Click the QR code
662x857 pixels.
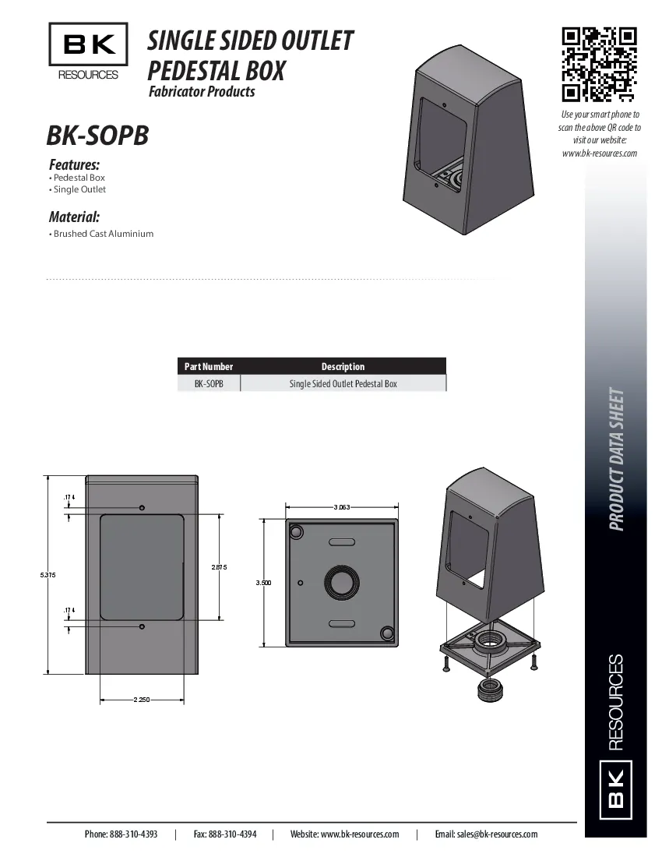[x=600, y=65]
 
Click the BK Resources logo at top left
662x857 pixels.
[x=88, y=51]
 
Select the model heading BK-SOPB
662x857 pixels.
[x=97, y=136]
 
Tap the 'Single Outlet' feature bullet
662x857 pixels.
[x=79, y=190]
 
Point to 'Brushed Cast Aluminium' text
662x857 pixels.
[x=103, y=234]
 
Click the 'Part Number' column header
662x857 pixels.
[x=209, y=366]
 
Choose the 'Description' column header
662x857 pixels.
[x=343, y=366]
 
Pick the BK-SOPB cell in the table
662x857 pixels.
[x=209, y=384]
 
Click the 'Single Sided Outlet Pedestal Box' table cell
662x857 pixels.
[x=343, y=384]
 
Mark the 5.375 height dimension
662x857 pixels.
[x=48, y=575]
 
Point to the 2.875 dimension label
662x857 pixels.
[x=219, y=567]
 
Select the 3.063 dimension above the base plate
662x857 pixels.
[x=342, y=507]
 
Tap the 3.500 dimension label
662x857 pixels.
[x=263, y=583]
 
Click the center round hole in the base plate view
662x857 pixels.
[x=342, y=582]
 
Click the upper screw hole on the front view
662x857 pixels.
[x=142, y=508]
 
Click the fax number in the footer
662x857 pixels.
[x=225, y=834]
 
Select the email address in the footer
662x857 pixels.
[x=486, y=834]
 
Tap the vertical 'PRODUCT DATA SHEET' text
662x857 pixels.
[x=616, y=460]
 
